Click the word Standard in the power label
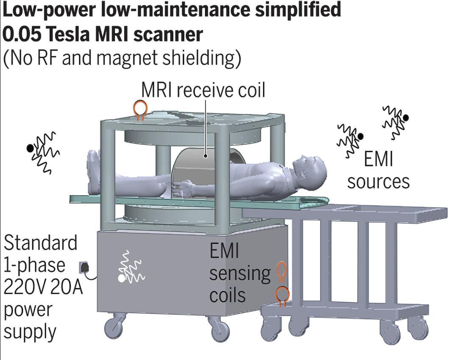[x=41, y=243]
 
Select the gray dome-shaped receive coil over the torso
[x=199, y=170]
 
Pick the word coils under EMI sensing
[x=227, y=295]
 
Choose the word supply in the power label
[x=30, y=332]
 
